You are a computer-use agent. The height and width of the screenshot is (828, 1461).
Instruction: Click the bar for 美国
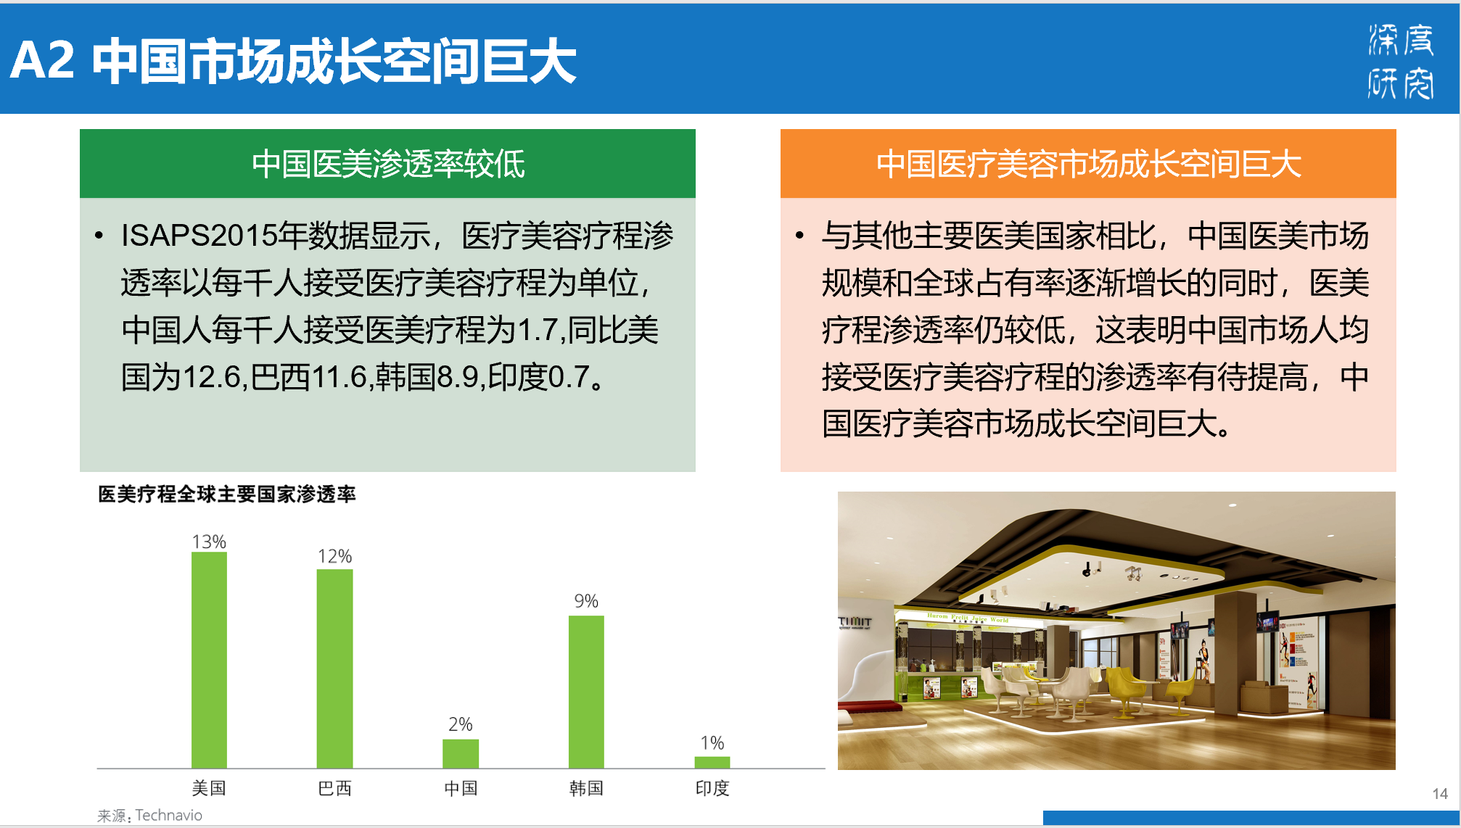click(x=209, y=660)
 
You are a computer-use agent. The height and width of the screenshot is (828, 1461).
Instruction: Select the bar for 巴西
click(x=334, y=668)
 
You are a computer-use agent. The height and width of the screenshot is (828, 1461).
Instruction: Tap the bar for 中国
click(x=461, y=753)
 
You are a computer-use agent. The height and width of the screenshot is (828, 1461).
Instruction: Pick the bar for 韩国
click(x=586, y=692)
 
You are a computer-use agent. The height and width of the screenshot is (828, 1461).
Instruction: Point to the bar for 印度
click(x=712, y=762)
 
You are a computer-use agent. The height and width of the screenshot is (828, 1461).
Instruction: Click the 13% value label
click(x=209, y=542)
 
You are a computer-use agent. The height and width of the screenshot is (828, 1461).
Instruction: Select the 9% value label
click(x=586, y=601)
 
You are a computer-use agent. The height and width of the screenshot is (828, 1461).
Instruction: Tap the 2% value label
click(x=461, y=724)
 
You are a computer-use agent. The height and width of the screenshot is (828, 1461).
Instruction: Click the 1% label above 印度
click(x=712, y=743)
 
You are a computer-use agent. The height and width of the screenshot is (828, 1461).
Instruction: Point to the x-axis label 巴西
click(x=334, y=788)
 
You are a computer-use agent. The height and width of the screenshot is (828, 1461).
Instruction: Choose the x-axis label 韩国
click(x=586, y=788)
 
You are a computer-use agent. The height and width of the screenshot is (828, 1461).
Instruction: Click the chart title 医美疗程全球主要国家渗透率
click(x=226, y=494)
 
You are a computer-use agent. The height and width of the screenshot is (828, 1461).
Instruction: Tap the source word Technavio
click(x=169, y=815)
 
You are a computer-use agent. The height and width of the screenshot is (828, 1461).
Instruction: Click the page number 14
click(x=1440, y=794)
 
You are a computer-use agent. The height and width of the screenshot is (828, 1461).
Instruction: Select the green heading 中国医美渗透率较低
click(x=388, y=164)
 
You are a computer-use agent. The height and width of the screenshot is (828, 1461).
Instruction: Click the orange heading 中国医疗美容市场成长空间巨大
click(x=1088, y=164)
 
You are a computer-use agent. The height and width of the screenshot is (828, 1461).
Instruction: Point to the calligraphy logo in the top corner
click(x=1401, y=61)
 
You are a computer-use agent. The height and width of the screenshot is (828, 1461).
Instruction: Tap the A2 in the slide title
click(x=42, y=60)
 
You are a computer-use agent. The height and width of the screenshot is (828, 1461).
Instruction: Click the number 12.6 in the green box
click(x=211, y=377)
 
